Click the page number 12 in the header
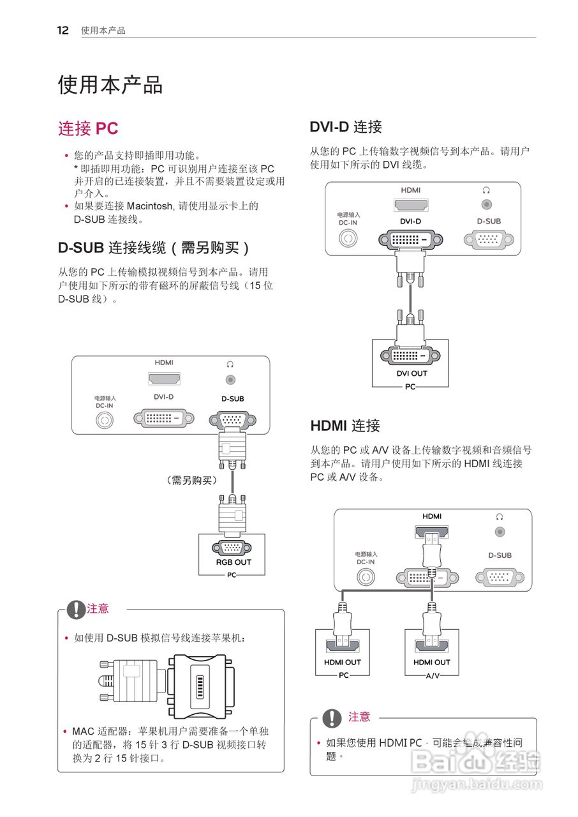[63, 30]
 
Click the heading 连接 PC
[88, 128]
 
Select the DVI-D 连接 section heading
[345, 126]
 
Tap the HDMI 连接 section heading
[345, 425]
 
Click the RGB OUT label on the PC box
[233, 562]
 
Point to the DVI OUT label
[411, 373]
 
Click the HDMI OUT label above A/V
[431, 662]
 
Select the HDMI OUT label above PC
[342, 662]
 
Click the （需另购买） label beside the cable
[190, 481]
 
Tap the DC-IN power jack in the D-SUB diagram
[105, 421]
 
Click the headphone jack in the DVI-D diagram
[486, 205]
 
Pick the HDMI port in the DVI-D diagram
[411, 205]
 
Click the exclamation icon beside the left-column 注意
[76, 610]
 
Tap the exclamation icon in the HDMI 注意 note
[332, 718]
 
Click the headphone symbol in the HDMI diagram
[500, 516]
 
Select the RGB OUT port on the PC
[231, 547]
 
